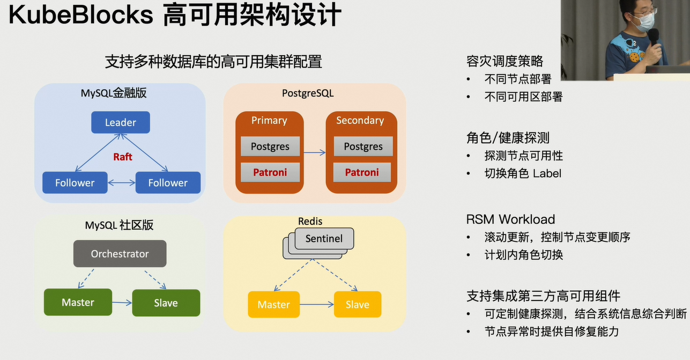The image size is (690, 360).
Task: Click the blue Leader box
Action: click(121, 122)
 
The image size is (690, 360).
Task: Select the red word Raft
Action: click(123, 157)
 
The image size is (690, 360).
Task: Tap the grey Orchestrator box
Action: click(120, 254)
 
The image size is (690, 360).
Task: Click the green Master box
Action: click(78, 302)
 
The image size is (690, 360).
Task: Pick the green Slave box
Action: click(166, 303)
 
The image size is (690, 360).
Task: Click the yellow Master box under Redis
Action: click(273, 305)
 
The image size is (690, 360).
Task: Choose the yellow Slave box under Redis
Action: click(358, 305)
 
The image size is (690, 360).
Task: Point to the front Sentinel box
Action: click(324, 238)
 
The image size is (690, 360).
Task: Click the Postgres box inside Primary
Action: click(270, 146)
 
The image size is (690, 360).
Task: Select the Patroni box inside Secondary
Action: click(362, 172)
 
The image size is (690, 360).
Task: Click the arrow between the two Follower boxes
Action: click(122, 183)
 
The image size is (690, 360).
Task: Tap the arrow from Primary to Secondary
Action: click(315, 152)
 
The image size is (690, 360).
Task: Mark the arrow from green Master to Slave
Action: click(122, 303)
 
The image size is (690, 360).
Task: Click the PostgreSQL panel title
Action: click(308, 93)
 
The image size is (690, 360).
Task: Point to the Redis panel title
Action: click(310, 221)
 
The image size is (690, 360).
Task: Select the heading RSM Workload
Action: click(510, 219)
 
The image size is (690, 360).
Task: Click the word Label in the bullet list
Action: click(547, 173)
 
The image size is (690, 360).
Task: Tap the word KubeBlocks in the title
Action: click(81, 14)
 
